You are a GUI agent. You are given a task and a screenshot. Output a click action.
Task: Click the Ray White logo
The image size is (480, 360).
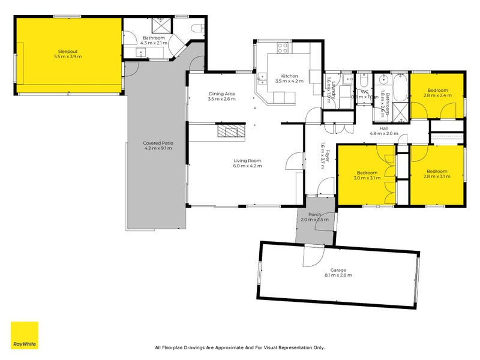click(x=25, y=335)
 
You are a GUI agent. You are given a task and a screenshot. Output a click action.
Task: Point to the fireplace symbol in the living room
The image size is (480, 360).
click(x=231, y=131)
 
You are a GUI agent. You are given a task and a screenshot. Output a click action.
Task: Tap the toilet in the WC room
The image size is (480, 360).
click(x=364, y=81)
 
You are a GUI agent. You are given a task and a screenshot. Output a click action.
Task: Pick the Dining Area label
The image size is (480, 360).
click(x=221, y=94)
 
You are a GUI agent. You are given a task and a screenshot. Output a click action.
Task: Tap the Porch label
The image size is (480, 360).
click(x=314, y=215)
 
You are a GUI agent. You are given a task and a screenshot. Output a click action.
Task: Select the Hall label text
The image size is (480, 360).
click(x=384, y=128)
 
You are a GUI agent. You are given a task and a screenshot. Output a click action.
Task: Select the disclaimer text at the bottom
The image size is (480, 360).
click(x=239, y=347)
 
